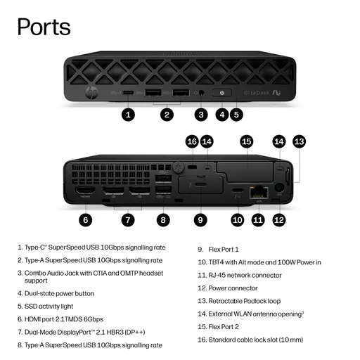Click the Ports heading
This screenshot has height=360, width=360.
pos(44,27)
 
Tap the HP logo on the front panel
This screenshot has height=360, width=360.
pos(91,93)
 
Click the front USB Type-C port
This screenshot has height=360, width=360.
pos(128,93)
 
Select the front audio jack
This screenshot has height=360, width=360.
pos(201,93)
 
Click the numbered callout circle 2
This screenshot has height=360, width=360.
pos(167,115)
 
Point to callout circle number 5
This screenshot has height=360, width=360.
pos(236,115)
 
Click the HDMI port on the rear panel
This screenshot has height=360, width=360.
pos(85,191)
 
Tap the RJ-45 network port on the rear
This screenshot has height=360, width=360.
pos(259,193)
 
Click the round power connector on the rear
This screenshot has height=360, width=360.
pos(279,188)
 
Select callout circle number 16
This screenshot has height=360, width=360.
pos(192,141)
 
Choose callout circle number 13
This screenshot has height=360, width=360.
pos(300,141)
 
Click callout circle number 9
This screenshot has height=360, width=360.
pos(200,220)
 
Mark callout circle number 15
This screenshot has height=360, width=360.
pos(247,141)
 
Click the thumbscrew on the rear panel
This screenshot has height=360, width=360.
pos(178,167)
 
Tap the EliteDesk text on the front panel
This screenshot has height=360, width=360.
pos(257,93)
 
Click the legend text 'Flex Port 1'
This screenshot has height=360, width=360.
pos(224,250)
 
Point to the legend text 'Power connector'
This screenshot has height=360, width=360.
pos(233,288)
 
